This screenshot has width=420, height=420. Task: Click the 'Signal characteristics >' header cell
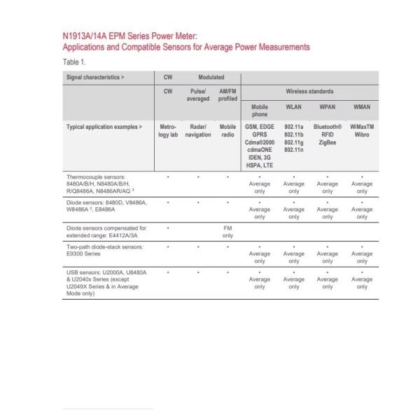click(x=95, y=78)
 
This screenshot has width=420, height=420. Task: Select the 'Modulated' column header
click(x=211, y=78)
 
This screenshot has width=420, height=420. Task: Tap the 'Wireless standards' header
click(x=309, y=91)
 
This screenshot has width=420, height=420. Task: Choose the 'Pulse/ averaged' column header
click(x=198, y=95)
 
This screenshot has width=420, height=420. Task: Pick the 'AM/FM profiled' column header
click(x=227, y=95)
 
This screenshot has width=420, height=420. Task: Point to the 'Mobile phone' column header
click(x=260, y=111)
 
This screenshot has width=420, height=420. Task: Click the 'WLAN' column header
click(x=294, y=107)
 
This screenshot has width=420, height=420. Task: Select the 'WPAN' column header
click(x=327, y=107)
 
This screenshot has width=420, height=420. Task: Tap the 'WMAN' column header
click(x=361, y=107)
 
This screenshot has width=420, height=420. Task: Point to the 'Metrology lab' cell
click(x=168, y=131)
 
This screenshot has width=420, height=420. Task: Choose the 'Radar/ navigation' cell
click(x=198, y=131)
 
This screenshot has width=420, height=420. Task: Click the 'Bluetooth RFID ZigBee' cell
click(x=327, y=134)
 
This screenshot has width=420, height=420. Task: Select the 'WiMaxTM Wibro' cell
click(x=361, y=131)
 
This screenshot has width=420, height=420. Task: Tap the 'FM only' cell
click(x=227, y=232)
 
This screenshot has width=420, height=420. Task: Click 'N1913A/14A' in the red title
click(x=83, y=36)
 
